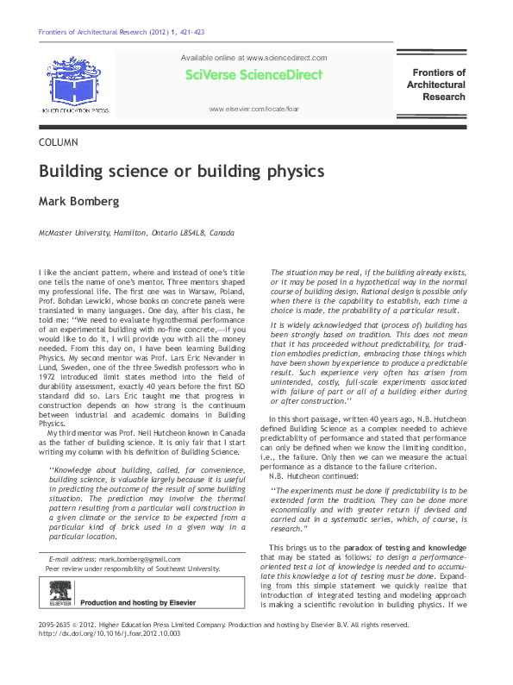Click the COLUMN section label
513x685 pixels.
pyautogui.click(x=59, y=141)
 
